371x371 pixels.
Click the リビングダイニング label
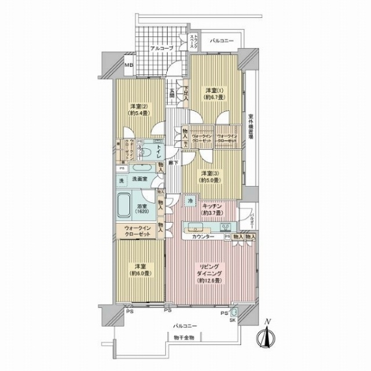click(208, 270)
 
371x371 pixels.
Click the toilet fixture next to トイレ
click(148, 148)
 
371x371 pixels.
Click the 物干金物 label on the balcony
click(184, 338)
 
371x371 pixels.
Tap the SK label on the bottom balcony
click(234, 320)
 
